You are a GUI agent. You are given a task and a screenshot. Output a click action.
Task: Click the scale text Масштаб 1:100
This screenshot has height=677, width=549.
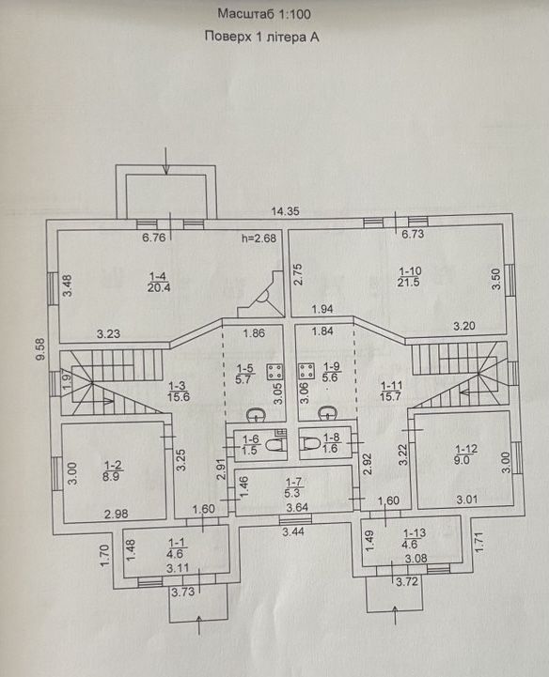(x=264, y=14)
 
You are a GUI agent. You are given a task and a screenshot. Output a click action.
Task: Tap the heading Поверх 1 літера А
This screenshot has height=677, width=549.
(x=261, y=37)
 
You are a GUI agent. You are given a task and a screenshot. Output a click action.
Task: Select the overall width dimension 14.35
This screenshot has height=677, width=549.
(x=285, y=211)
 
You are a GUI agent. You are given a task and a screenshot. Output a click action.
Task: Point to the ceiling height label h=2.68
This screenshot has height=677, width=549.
(x=259, y=238)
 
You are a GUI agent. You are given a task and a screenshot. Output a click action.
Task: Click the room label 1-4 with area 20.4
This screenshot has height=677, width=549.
(x=159, y=282)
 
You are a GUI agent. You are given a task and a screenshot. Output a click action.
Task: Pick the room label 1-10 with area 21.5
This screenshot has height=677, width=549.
(x=409, y=277)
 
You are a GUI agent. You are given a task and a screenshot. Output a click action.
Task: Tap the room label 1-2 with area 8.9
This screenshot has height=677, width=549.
(x=113, y=470)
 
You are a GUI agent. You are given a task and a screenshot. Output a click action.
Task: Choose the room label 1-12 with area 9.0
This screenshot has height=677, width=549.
(x=465, y=454)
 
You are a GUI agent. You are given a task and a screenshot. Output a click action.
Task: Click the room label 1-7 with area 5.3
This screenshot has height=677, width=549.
(x=293, y=487)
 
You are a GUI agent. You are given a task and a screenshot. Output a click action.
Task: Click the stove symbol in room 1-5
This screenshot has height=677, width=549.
(x=274, y=372)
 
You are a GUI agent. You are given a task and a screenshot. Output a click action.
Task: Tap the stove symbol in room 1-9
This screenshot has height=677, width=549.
(x=306, y=371)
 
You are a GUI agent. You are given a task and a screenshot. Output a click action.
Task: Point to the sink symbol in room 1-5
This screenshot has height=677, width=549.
(x=257, y=414)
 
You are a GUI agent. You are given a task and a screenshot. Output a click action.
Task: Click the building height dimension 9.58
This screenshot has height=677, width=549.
(x=41, y=349)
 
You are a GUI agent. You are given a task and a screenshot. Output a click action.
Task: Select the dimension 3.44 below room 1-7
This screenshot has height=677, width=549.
(x=293, y=531)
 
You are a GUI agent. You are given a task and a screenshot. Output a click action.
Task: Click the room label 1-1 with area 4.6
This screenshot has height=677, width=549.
(x=176, y=548)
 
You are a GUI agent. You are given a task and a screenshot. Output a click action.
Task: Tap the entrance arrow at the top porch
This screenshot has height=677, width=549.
(x=167, y=161)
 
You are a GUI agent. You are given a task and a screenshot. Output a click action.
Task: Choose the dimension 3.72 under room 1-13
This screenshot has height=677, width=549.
(x=408, y=581)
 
